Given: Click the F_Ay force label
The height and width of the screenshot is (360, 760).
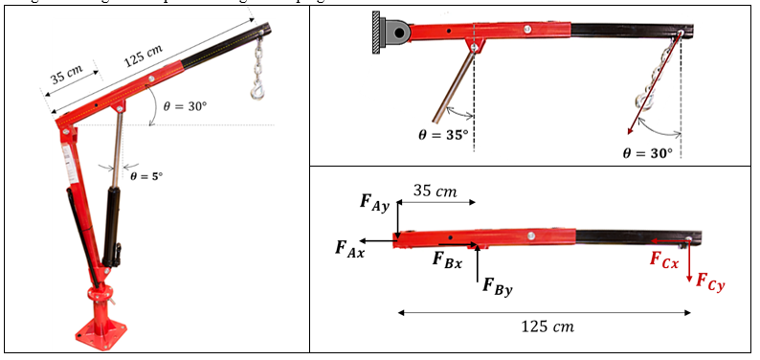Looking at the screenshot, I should tap(374, 201).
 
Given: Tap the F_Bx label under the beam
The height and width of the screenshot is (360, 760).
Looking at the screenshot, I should tap(447, 259).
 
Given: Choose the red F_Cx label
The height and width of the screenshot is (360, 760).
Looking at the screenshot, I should tap(664, 259).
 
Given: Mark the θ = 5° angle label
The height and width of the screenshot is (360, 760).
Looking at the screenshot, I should tap(144, 175).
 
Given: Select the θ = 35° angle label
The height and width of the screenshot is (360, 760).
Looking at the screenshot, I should tap(444, 135).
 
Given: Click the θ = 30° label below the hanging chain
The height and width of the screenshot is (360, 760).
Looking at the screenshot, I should tap(647, 152).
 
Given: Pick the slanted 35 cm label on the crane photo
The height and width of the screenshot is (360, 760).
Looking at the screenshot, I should tap(66, 75).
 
